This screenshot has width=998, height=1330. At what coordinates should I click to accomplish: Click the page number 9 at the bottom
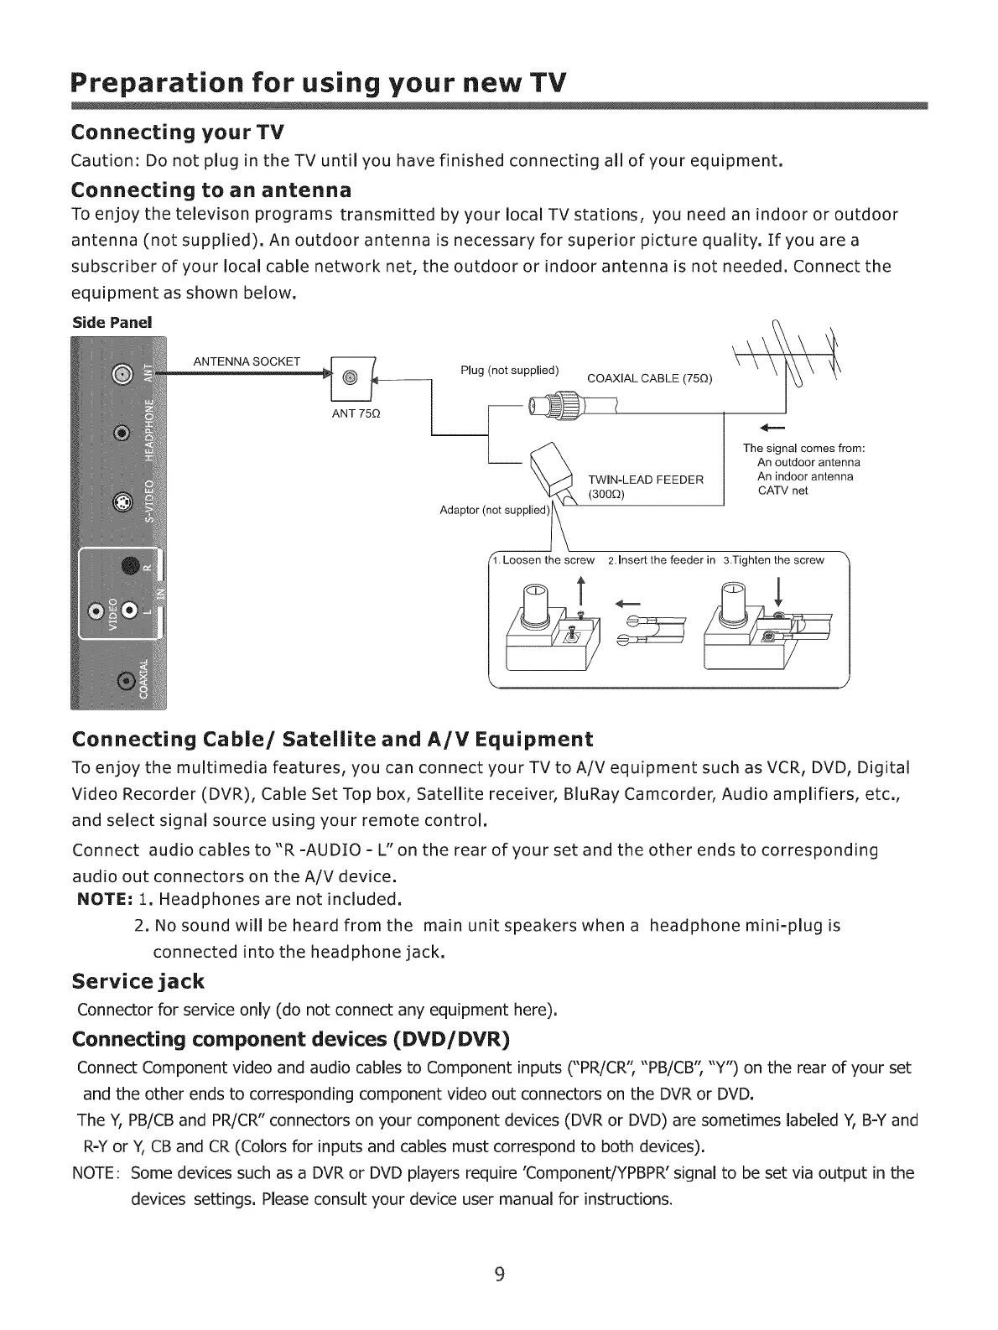499,1275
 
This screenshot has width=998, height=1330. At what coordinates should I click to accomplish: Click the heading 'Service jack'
138,980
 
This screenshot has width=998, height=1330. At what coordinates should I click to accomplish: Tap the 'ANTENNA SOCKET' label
247,361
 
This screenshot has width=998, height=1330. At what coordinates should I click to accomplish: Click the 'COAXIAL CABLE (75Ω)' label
650,378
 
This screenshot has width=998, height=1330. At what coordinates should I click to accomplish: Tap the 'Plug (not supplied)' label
510,371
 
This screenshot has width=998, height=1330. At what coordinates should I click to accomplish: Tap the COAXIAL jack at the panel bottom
126,680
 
